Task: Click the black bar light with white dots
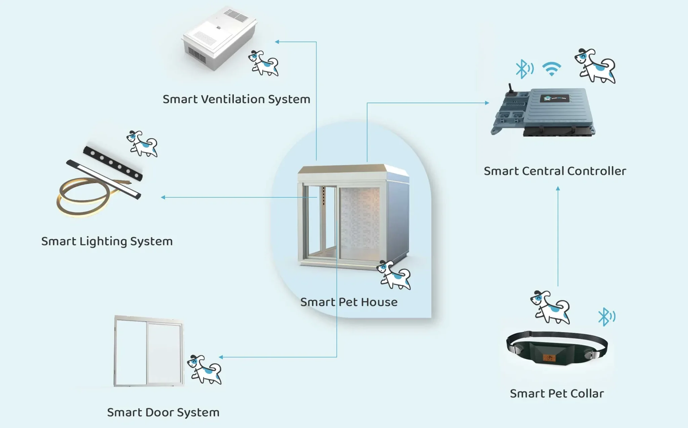click(113, 163)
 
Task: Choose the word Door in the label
click(159, 413)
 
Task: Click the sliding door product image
click(148, 351)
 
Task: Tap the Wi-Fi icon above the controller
click(552, 69)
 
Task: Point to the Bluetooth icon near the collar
click(606, 316)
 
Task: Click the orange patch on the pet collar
click(550, 358)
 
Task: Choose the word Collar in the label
click(587, 394)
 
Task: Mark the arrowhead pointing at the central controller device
click(487, 103)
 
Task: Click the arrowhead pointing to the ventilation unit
click(277, 42)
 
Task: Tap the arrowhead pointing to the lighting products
click(163, 197)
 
